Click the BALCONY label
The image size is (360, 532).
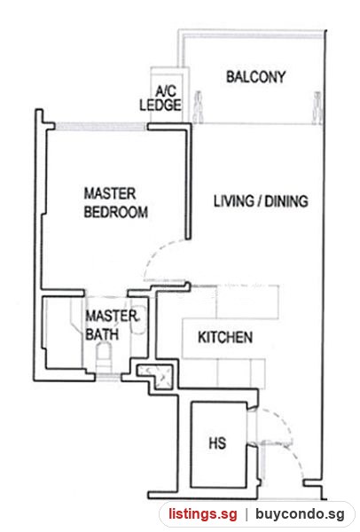click(256, 77)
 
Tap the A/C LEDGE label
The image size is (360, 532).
click(160, 98)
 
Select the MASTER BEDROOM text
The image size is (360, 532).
click(115, 202)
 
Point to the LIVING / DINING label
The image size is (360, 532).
click(261, 201)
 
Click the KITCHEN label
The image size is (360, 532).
click(225, 337)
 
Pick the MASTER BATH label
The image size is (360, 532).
click(112, 325)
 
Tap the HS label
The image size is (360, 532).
click(217, 443)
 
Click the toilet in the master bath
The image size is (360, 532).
click(104, 357)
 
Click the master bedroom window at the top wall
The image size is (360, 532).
click(101, 126)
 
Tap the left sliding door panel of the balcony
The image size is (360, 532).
click(198, 107)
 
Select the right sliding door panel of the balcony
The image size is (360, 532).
click(317, 107)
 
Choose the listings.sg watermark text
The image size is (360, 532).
click(202, 514)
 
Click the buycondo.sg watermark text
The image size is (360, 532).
click(300, 514)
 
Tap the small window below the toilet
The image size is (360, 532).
click(107, 376)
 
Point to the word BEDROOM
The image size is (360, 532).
click(115, 212)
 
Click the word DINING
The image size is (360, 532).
click(286, 201)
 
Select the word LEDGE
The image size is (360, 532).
click(160, 105)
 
